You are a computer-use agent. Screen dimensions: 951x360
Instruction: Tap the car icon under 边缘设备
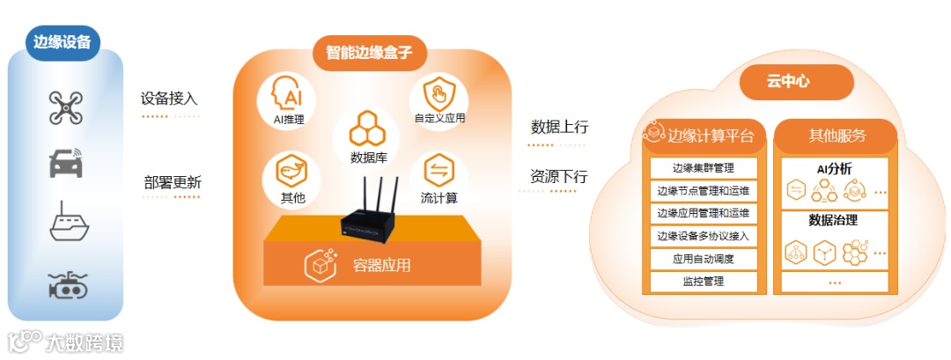(66, 164)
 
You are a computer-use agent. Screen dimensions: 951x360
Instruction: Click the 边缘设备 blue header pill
(63, 41)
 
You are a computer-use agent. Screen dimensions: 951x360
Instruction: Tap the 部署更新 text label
(173, 183)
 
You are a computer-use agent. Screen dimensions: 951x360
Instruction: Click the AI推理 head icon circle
(287, 95)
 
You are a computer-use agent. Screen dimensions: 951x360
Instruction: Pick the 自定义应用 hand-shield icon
(437, 93)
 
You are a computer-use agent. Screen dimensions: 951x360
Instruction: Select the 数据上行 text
(559, 127)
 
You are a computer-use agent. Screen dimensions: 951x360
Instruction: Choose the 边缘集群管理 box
(703, 167)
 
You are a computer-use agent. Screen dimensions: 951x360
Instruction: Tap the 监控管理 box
(703, 282)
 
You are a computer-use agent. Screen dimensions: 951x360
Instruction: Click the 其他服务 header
(837, 136)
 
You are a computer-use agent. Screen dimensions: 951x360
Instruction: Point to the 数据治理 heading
(833, 220)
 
